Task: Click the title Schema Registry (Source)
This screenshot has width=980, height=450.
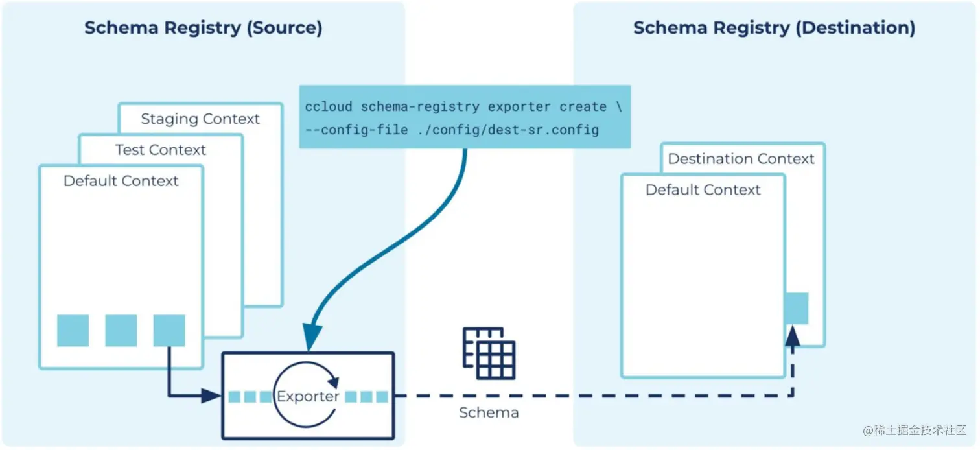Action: (x=203, y=28)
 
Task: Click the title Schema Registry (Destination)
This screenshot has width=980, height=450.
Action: (x=774, y=28)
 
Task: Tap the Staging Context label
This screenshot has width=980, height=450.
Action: (x=200, y=119)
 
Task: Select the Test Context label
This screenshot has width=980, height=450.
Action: (x=160, y=150)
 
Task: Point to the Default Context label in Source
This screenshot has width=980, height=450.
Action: (x=121, y=181)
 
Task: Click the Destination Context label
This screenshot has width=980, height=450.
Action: (x=741, y=159)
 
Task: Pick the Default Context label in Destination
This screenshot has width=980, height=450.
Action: (x=703, y=190)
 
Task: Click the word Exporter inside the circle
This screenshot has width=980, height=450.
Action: (x=308, y=396)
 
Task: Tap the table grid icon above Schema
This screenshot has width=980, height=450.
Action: (x=489, y=353)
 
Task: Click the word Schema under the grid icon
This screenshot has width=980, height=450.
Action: (x=489, y=412)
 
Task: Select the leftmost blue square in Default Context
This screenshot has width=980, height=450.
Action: (x=73, y=331)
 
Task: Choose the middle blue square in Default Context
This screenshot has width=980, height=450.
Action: (x=121, y=331)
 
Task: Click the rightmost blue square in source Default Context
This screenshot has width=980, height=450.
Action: (x=169, y=331)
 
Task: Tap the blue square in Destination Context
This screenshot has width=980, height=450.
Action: (x=797, y=309)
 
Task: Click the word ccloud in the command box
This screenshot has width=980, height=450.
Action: (x=329, y=107)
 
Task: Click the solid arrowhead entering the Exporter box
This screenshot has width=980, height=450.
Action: (x=211, y=396)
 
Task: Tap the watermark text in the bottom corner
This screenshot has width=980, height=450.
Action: (x=914, y=431)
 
